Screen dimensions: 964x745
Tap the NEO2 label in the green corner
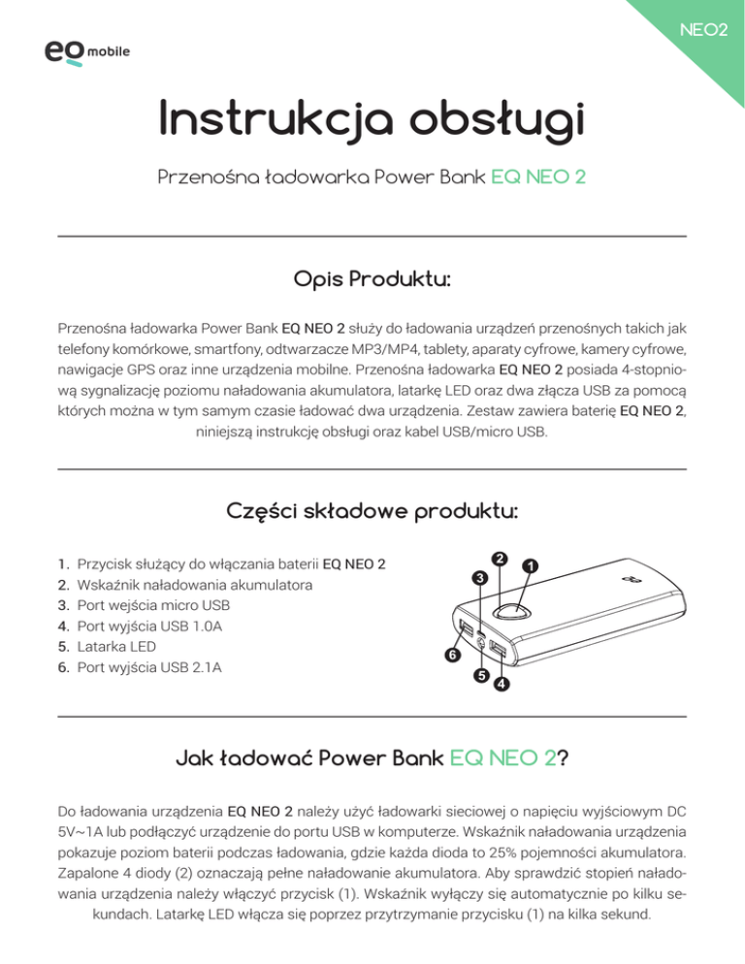(x=705, y=31)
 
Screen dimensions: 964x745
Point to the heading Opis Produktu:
(x=372, y=280)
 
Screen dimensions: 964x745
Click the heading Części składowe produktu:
(x=372, y=511)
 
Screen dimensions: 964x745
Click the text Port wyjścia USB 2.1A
(x=148, y=665)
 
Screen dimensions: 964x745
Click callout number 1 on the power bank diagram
(x=531, y=564)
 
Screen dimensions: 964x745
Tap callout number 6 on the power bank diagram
(x=452, y=656)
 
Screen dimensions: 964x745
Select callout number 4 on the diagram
(x=502, y=685)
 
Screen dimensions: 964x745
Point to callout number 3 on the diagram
(x=479, y=579)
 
